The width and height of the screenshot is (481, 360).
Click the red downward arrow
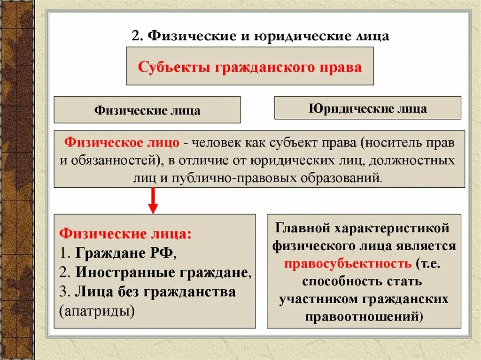pyautogui.click(x=153, y=201)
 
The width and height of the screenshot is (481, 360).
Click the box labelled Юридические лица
pyautogui.click(x=367, y=108)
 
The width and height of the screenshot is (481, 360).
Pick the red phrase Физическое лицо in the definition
pyautogui.click(x=122, y=142)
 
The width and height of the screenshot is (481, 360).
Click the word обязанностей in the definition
pyautogui.click(x=115, y=160)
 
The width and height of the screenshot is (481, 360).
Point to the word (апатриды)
pyautogui.click(x=97, y=310)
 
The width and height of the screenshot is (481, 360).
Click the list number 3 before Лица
pyautogui.click(x=64, y=292)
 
